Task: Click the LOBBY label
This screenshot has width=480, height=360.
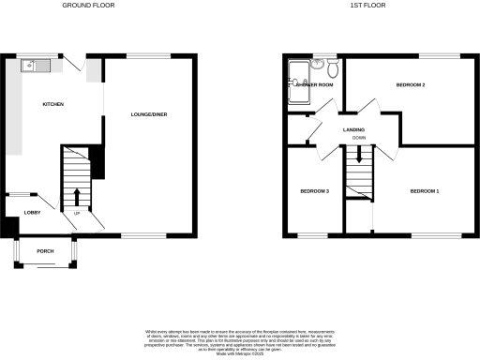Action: [x=19, y=213]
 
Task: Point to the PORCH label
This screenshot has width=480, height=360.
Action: [x=44, y=252]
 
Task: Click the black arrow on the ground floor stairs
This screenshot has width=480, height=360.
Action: [x=76, y=197]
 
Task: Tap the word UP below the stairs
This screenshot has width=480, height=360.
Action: [x=76, y=213]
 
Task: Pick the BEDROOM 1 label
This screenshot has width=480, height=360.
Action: [x=424, y=191]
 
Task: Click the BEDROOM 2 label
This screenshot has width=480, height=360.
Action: [x=411, y=85]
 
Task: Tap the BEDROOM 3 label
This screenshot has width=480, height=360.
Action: [x=314, y=191]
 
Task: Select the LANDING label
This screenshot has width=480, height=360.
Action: [x=353, y=129]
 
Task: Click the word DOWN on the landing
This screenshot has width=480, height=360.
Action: [x=359, y=138]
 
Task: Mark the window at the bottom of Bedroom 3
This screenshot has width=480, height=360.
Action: [x=313, y=233]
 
